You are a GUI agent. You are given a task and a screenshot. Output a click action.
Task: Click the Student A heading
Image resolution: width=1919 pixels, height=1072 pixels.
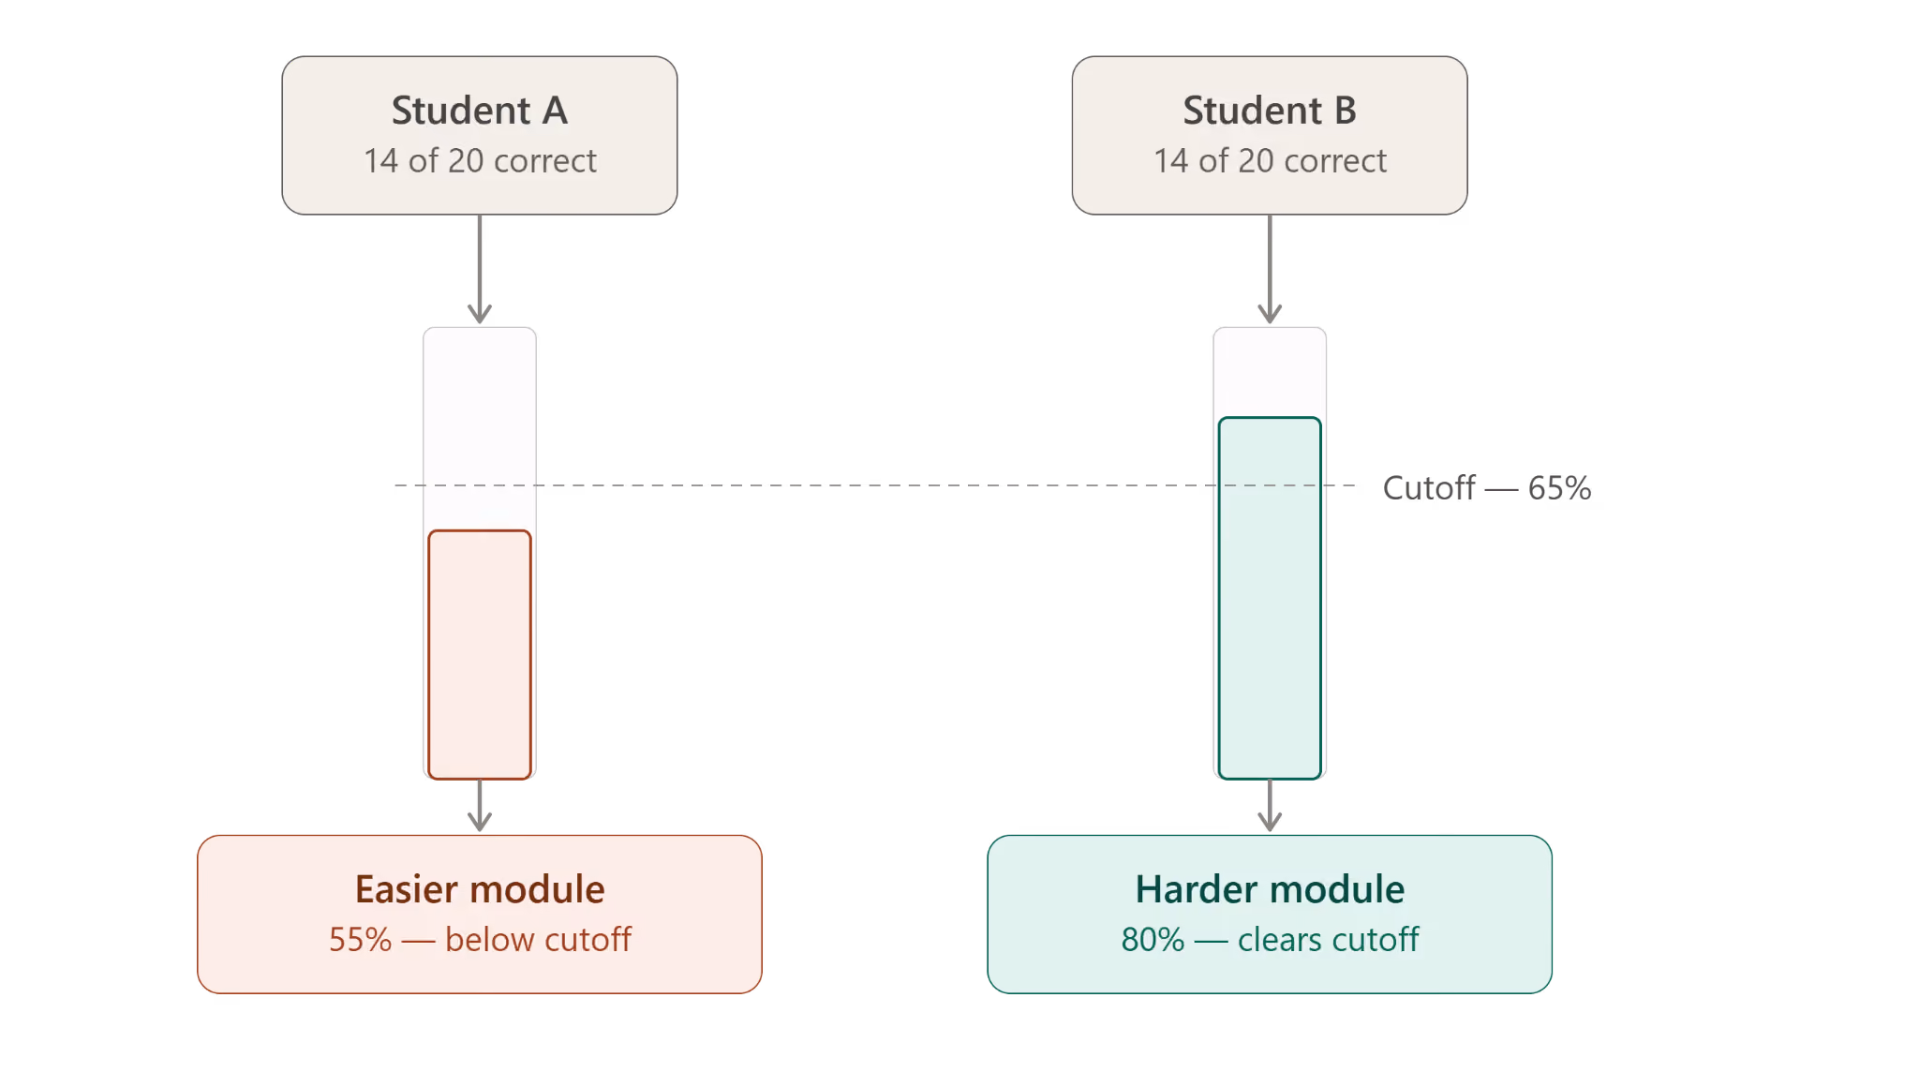(x=479, y=111)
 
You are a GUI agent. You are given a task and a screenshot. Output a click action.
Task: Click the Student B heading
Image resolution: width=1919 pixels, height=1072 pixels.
(x=1270, y=111)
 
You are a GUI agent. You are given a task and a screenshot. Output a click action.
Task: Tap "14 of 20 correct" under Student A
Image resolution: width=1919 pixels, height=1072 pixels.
(x=480, y=161)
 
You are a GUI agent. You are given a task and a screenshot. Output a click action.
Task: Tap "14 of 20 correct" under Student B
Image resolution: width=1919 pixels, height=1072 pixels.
(x=1270, y=161)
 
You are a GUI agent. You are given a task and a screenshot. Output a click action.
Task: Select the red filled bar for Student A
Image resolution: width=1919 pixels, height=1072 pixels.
(x=480, y=654)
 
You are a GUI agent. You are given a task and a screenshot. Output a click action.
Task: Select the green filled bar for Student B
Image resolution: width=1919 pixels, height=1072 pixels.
(x=1270, y=598)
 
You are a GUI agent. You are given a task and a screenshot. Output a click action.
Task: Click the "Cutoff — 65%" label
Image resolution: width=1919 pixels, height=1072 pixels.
(x=1487, y=487)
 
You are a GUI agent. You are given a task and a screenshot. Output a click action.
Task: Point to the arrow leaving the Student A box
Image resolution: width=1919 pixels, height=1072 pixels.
(x=480, y=269)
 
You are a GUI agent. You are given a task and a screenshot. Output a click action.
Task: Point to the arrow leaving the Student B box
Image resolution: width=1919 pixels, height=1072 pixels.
(x=1270, y=269)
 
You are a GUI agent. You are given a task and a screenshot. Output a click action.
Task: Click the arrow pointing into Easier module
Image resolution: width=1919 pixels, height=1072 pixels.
(x=480, y=806)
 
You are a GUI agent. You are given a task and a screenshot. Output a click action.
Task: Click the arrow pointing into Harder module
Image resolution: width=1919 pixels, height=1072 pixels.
(x=1270, y=806)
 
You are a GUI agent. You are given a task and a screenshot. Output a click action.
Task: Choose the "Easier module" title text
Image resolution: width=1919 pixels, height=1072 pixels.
(x=480, y=889)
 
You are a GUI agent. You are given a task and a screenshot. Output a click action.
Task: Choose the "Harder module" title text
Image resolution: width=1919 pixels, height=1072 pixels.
(x=1270, y=889)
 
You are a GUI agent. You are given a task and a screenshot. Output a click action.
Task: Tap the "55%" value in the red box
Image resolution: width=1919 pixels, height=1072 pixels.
(x=360, y=940)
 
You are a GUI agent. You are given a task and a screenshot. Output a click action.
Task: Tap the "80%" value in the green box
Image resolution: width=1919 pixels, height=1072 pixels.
(x=1153, y=940)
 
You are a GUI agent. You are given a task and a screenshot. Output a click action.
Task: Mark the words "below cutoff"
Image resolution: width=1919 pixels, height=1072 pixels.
(x=538, y=940)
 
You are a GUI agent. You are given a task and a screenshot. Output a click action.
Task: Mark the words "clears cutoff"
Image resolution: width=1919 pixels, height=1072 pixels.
(x=1328, y=940)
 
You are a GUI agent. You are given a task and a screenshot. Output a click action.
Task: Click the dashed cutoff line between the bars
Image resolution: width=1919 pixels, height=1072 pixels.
(x=875, y=485)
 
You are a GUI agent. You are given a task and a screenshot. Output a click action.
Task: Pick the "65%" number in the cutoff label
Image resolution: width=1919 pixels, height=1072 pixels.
(x=1559, y=487)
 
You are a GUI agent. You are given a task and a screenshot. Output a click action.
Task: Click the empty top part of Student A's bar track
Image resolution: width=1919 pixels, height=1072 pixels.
(x=480, y=426)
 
